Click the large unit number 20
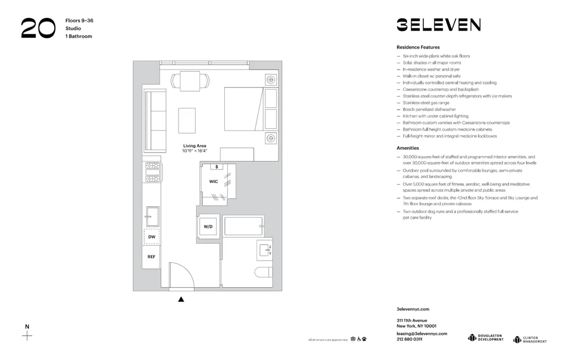[38, 28]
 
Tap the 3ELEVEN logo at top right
[438, 25]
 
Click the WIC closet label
[214, 181]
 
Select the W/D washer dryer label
[208, 227]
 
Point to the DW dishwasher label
[151, 237]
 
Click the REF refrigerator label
[151, 257]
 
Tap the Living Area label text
[194, 146]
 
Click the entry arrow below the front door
[181, 299]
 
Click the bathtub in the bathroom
[243, 226]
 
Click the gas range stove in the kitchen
[152, 172]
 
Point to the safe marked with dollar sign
[216, 167]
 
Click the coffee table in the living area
[187, 120]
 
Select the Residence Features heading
[418, 47]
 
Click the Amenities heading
[408, 148]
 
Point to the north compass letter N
[27, 327]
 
